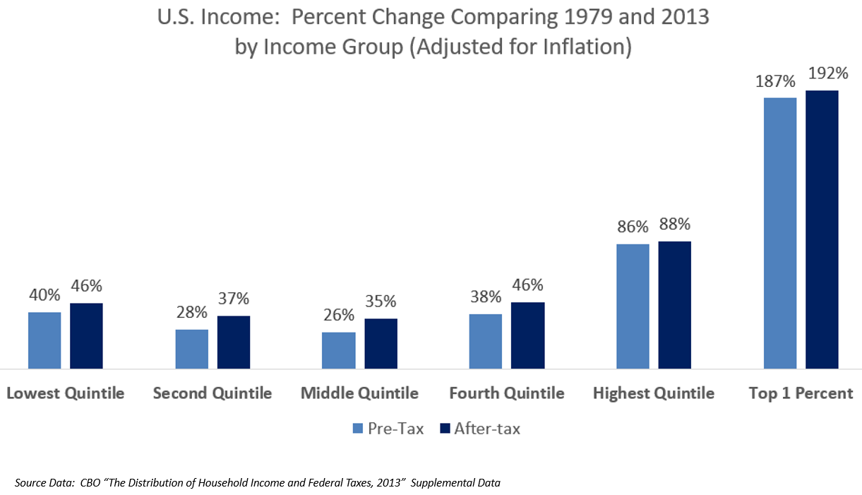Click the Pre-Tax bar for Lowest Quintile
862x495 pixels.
coord(44,340)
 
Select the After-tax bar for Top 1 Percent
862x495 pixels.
coord(822,229)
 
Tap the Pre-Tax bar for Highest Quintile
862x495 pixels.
coord(633,306)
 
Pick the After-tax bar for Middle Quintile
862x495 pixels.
coord(381,343)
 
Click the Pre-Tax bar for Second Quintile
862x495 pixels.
coord(191,349)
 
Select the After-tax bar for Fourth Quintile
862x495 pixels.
coord(527,335)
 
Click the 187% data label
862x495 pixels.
coord(779,82)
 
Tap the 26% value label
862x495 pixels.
coord(339,315)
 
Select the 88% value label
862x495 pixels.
coord(674,225)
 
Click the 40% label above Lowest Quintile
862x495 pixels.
coord(44,295)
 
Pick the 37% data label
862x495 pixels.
coord(234,299)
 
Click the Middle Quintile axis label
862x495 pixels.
coord(359,393)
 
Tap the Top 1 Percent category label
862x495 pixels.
coord(801,393)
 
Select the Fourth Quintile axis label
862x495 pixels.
coord(507,393)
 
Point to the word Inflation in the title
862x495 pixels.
coord(578,47)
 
